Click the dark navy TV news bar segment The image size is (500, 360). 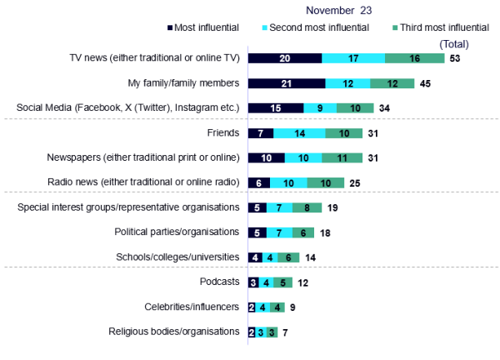285,58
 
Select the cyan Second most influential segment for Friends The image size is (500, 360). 297,133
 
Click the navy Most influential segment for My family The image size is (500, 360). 287,83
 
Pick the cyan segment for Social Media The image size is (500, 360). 320,108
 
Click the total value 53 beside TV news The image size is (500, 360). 455,58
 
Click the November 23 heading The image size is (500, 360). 339,11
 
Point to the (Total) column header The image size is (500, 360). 452,43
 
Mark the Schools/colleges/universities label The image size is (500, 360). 175,257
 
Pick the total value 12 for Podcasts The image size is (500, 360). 304,282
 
